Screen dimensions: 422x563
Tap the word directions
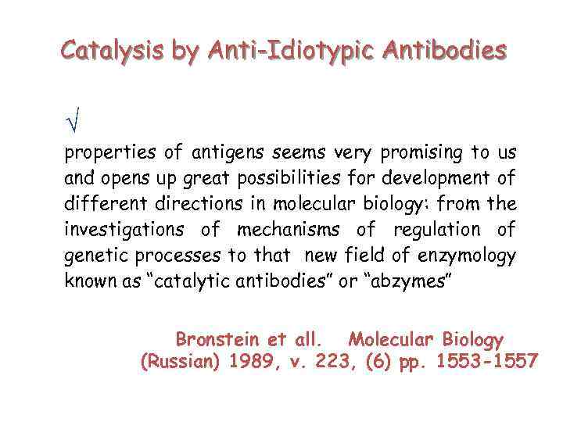click(x=218, y=204)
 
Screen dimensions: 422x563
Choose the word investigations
click(x=120, y=230)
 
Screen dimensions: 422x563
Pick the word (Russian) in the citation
click(x=179, y=362)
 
